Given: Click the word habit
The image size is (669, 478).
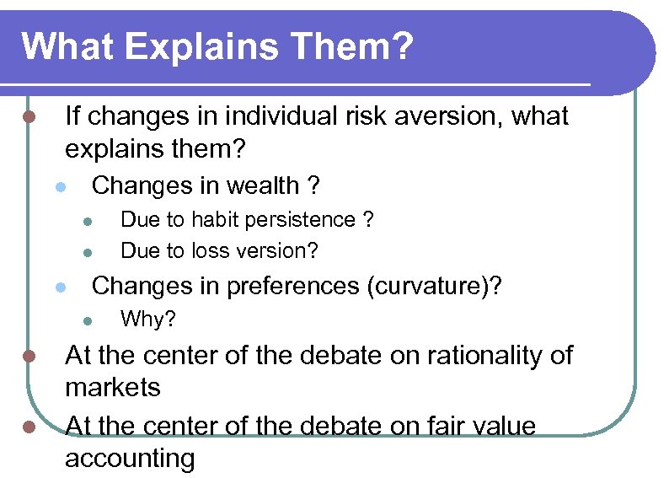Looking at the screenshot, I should tap(214, 220).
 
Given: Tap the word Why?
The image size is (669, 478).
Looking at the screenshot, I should tap(149, 320).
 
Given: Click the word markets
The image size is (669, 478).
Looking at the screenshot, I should tap(113, 388).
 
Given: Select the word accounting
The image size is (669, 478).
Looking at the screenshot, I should tap(130, 459).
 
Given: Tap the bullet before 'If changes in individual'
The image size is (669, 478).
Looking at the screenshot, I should tap(29, 116).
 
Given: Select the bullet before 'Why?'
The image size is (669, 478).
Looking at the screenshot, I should tap(87, 320).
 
